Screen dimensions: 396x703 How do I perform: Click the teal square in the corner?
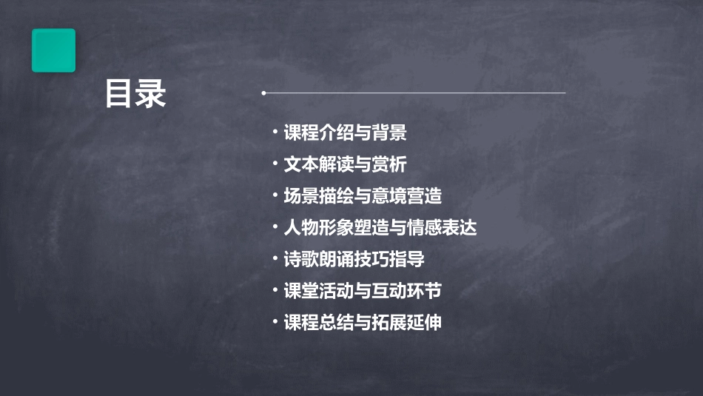tap(53, 50)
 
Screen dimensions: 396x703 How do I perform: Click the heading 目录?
tap(135, 94)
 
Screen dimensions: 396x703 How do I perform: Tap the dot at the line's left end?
tap(263, 93)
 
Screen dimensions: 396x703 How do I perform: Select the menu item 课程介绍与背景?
tap(345, 133)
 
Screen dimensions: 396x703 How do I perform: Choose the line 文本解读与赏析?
tap(345, 164)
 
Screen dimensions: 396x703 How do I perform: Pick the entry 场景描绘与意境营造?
tap(362, 196)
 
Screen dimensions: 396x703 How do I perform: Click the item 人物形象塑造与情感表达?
tap(380, 228)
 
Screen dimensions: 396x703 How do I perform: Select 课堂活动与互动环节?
tap(362, 291)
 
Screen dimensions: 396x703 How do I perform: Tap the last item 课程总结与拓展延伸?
tap(362, 323)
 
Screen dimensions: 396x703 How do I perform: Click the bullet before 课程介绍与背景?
tap(275, 132)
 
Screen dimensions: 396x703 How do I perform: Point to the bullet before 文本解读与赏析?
tap(275, 164)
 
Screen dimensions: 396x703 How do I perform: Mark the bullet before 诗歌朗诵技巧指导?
tap(275, 258)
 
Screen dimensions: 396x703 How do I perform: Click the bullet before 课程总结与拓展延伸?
tap(275, 322)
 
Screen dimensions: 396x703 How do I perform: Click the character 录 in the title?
tap(151, 94)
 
